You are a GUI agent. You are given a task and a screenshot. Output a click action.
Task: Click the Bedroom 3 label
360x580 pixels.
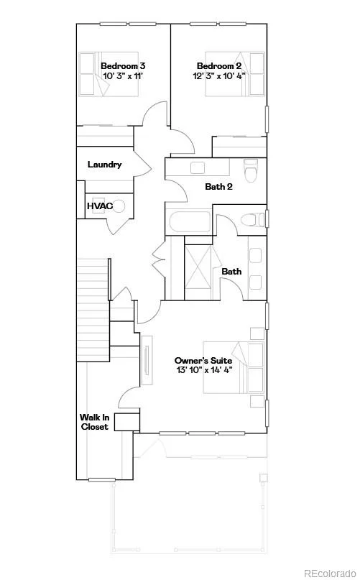point(123,66)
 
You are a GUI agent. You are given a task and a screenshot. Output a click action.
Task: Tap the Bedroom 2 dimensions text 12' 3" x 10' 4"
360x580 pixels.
point(219,76)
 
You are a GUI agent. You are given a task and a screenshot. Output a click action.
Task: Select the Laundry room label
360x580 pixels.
point(104,165)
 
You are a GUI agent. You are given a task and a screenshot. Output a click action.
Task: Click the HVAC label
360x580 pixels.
point(100,206)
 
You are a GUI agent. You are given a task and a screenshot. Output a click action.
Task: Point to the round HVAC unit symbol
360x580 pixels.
point(119,206)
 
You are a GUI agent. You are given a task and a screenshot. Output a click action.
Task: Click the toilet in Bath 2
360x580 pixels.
point(251,170)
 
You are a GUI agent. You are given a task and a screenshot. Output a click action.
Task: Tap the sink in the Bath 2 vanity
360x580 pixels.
point(196,167)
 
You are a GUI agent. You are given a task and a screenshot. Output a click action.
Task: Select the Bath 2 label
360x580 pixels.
point(218,186)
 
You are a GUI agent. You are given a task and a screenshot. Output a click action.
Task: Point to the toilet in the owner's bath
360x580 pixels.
point(254,220)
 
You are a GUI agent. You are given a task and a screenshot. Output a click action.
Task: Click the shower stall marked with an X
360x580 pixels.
point(198,267)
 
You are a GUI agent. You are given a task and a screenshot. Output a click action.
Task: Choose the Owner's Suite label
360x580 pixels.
point(203,360)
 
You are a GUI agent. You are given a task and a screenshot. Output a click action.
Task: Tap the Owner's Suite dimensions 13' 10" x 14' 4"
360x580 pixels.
point(204,370)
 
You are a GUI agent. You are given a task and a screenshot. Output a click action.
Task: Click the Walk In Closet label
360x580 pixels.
point(94,422)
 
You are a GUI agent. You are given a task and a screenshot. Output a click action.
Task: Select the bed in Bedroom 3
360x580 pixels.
point(109,74)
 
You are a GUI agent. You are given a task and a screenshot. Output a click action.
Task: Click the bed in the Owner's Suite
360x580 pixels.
point(234,368)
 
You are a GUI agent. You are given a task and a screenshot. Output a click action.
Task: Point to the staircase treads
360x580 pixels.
point(93,310)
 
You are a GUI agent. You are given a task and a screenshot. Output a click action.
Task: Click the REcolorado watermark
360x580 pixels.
point(329,573)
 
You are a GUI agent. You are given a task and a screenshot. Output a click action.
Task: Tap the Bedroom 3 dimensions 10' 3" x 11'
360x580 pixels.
point(123,76)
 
